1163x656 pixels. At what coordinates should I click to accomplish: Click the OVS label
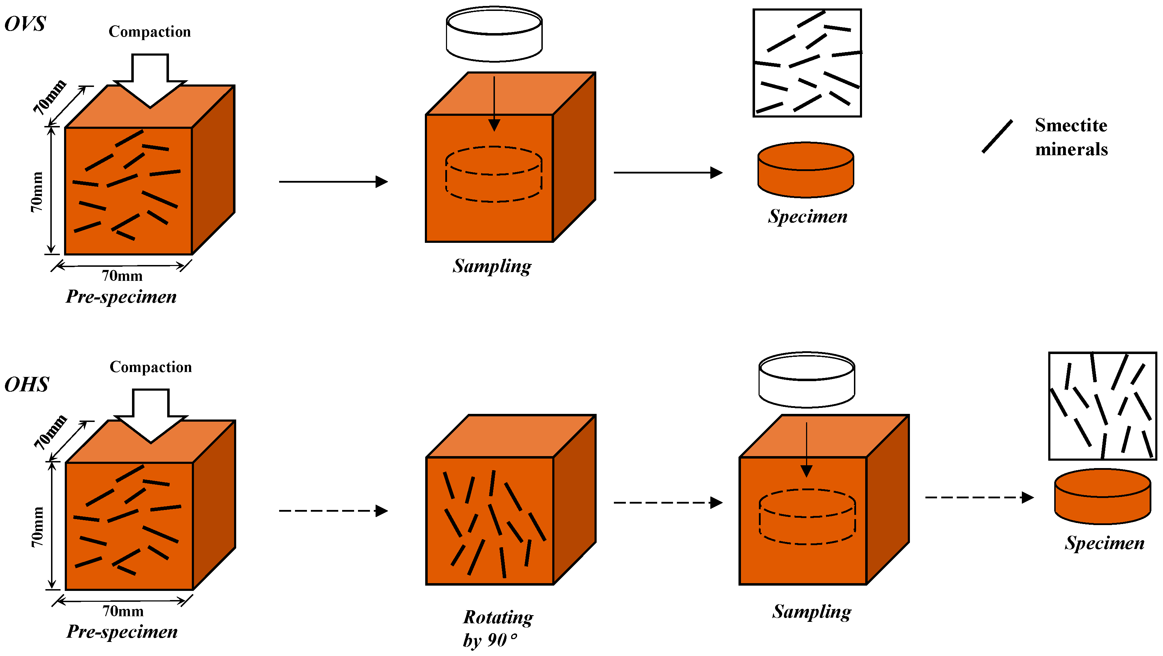(x=25, y=24)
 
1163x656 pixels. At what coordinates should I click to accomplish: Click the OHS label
(x=27, y=384)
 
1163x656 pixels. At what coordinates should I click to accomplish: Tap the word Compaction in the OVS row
(x=150, y=32)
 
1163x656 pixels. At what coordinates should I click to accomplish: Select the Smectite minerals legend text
(x=1071, y=137)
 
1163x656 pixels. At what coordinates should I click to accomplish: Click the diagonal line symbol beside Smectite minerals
(x=997, y=136)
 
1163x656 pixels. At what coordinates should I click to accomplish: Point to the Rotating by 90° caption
(x=497, y=628)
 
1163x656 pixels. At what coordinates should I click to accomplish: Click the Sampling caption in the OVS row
(x=492, y=266)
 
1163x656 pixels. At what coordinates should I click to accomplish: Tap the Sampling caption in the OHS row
(x=811, y=612)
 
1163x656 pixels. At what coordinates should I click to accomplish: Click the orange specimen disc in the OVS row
(x=805, y=171)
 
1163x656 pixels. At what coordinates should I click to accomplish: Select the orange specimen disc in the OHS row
(x=1102, y=497)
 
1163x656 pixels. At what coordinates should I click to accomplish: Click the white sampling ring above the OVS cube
(x=494, y=34)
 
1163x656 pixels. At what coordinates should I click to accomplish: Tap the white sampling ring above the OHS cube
(x=806, y=380)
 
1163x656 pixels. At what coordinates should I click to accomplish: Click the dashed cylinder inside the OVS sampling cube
(x=494, y=174)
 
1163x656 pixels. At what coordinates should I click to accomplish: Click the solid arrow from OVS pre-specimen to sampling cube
(x=333, y=182)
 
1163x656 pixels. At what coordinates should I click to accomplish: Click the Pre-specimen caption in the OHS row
(x=122, y=631)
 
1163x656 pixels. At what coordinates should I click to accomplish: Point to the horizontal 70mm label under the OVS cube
(x=122, y=276)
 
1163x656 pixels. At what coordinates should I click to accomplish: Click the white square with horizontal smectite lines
(x=807, y=63)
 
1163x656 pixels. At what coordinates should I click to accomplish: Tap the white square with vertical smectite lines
(x=1102, y=406)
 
